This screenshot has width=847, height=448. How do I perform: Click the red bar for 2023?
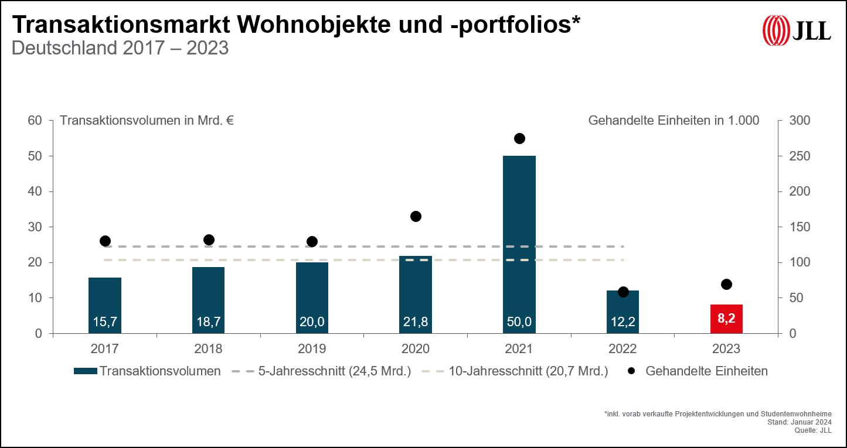(x=726, y=319)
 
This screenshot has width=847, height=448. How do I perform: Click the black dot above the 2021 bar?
(x=519, y=139)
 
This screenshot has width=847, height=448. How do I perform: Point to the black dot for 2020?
(x=416, y=217)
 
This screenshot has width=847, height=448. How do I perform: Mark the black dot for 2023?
(x=726, y=285)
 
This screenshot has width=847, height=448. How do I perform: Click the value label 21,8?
(x=416, y=322)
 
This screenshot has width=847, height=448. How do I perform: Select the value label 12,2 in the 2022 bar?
(x=623, y=322)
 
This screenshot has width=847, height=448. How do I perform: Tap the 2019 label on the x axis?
(x=312, y=349)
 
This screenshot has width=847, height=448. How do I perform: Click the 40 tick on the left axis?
(x=35, y=191)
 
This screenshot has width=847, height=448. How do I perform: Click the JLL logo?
(x=797, y=29)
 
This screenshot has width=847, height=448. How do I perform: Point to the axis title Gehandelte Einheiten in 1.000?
(x=673, y=121)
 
